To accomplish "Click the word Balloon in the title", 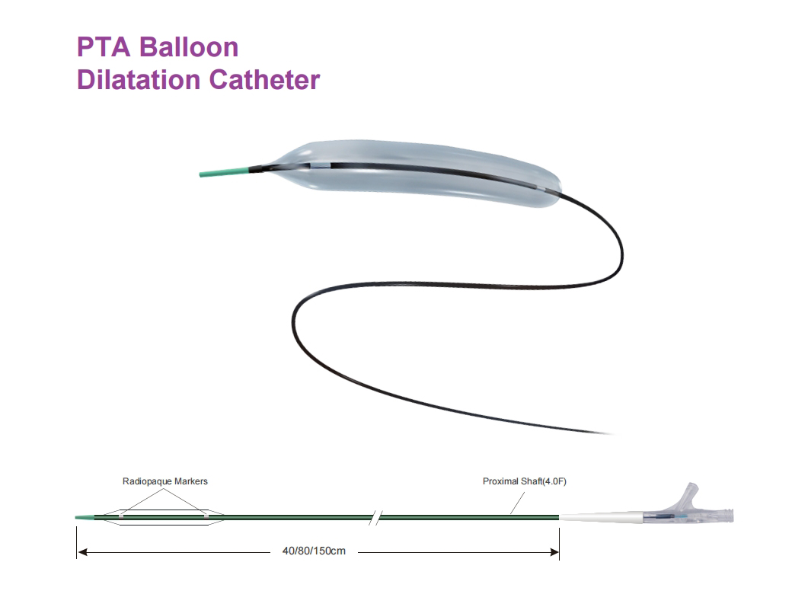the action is click(189, 47).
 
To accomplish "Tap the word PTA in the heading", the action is click(104, 47).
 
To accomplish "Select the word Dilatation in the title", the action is click(139, 80).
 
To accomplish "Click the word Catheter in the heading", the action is click(265, 80).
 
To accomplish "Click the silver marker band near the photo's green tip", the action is click(320, 166).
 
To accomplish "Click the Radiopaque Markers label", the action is click(165, 481).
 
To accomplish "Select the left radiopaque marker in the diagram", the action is click(121, 514).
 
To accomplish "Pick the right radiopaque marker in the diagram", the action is click(206, 514).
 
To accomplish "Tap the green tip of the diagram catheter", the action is click(85, 517).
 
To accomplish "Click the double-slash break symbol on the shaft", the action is click(376, 518).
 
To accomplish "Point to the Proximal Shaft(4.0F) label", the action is click(524, 481).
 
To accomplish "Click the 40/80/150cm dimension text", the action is click(314, 551).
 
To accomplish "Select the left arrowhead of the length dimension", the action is click(82, 552).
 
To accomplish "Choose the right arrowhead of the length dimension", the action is click(554, 552).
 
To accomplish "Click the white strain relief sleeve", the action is click(601, 517).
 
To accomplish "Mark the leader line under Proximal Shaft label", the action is click(517, 503).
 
